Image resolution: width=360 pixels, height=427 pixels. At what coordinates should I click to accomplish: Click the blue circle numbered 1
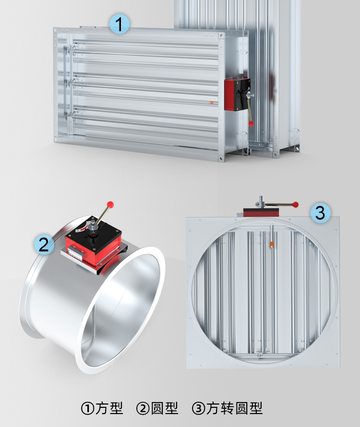(120, 24)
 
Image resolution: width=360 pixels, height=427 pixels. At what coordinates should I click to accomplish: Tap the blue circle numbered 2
(44, 244)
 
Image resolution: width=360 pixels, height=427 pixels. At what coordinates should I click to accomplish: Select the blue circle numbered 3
(321, 213)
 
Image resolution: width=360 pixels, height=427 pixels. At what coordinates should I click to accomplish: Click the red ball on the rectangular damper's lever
(251, 124)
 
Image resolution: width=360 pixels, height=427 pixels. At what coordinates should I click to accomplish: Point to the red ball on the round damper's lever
(110, 204)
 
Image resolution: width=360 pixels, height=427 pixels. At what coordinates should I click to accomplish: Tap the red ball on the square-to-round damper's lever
(295, 204)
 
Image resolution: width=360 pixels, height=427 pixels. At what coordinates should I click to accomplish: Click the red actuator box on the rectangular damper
(229, 95)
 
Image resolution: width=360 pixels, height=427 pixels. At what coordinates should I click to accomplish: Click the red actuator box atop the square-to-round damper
(261, 213)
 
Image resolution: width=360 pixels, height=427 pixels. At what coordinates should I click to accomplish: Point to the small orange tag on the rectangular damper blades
(211, 103)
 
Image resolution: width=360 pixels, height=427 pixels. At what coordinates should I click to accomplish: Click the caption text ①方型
(102, 408)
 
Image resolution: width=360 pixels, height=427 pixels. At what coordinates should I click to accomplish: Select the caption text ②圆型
(157, 408)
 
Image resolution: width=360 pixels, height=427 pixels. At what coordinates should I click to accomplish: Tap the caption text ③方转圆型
(228, 408)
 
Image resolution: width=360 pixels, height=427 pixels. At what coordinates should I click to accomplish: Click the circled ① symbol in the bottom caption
(87, 409)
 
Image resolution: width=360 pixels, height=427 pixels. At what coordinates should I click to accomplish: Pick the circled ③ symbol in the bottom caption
(198, 409)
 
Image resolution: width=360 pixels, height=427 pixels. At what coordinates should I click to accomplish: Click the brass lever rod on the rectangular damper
(249, 110)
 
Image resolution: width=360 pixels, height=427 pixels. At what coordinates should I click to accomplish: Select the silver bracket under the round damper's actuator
(93, 259)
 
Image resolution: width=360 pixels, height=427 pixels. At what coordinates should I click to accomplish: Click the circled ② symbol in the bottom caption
(143, 409)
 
